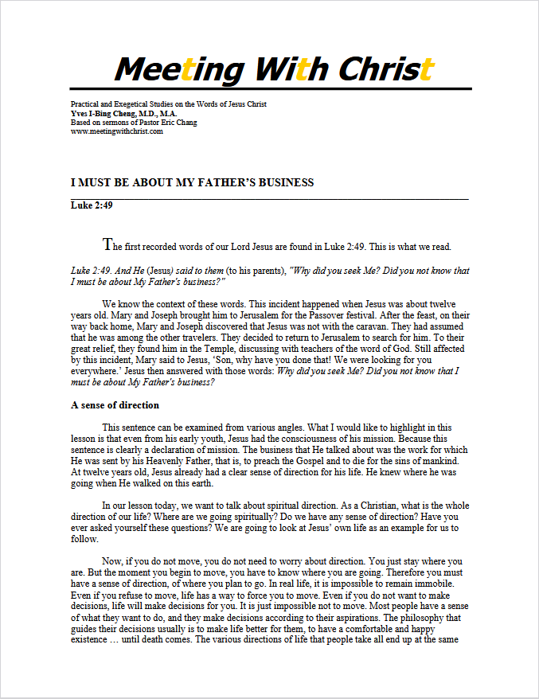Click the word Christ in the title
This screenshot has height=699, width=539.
[385, 69]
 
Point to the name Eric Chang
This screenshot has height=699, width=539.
[182, 123]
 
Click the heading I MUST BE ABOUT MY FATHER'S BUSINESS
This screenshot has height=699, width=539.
[192, 182]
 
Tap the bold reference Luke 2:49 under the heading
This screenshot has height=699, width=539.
[89, 205]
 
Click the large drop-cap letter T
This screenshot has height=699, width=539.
[108, 244]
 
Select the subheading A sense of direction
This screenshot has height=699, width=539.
[115, 405]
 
